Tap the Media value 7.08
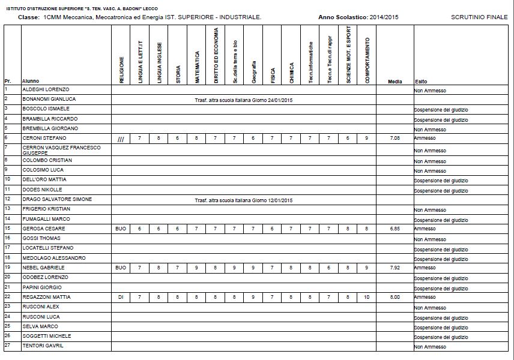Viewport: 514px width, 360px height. coord(395,138)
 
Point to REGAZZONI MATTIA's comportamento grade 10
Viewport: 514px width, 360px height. coord(366,297)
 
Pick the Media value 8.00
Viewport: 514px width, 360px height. coord(395,297)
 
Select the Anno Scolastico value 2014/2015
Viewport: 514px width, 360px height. coord(384,17)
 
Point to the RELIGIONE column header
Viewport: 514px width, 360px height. coord(121,69)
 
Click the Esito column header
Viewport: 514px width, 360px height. coord(421,81)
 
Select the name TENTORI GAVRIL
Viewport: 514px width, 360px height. coord(43,346)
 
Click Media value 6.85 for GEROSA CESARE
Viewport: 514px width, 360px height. coord(395,229)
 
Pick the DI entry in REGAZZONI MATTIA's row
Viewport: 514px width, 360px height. coord(121,297)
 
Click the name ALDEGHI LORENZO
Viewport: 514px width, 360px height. coord(45,89)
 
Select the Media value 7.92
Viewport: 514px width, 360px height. coord(395,267)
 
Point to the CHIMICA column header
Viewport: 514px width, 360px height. coord(291,68)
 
